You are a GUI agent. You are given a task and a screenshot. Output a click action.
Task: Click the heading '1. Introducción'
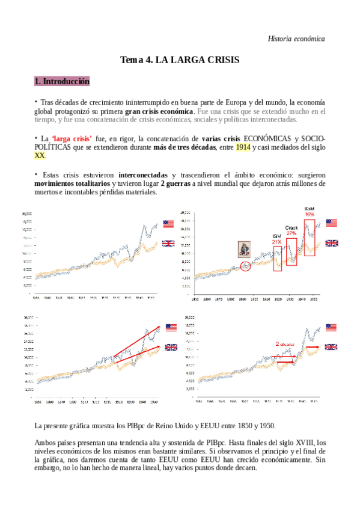[62, 81]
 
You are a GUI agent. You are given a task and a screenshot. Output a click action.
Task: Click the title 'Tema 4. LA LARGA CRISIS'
[180, 60]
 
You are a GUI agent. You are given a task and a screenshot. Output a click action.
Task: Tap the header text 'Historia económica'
[296, 38]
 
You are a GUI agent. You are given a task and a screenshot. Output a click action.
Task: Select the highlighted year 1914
[243, 147]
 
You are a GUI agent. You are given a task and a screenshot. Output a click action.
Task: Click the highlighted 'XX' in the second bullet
[40, 156]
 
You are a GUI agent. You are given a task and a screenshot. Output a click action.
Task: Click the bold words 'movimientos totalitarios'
[72, 183]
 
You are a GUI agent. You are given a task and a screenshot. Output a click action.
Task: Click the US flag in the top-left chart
[168, 224]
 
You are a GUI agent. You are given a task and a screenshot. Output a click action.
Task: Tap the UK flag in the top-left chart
[168, 243]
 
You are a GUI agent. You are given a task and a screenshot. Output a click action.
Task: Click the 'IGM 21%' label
[277, 239]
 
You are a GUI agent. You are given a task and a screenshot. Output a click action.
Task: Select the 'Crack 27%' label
[291, 230]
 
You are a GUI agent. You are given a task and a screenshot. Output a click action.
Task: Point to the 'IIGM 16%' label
[310, 211]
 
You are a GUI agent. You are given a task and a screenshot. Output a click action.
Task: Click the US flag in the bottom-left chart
[171, 327]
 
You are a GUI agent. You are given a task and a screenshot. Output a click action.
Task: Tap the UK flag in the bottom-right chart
[332, 346]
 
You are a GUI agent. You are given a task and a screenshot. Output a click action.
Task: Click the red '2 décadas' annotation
[285, 344]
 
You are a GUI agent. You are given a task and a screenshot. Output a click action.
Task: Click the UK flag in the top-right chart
[332, 243]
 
